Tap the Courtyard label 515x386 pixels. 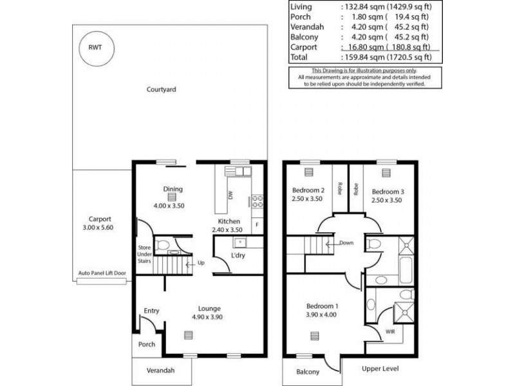tap(161, 89)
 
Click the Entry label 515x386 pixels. tap(151, 311)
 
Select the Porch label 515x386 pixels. tap(147, 344)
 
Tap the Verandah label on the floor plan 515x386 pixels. tap(161, 371)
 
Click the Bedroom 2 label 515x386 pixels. tap(307, 190)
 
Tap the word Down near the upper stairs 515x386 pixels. tap(346, 243)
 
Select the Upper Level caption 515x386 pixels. tap(380, 369)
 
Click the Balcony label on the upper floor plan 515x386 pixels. tap(308, 372)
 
